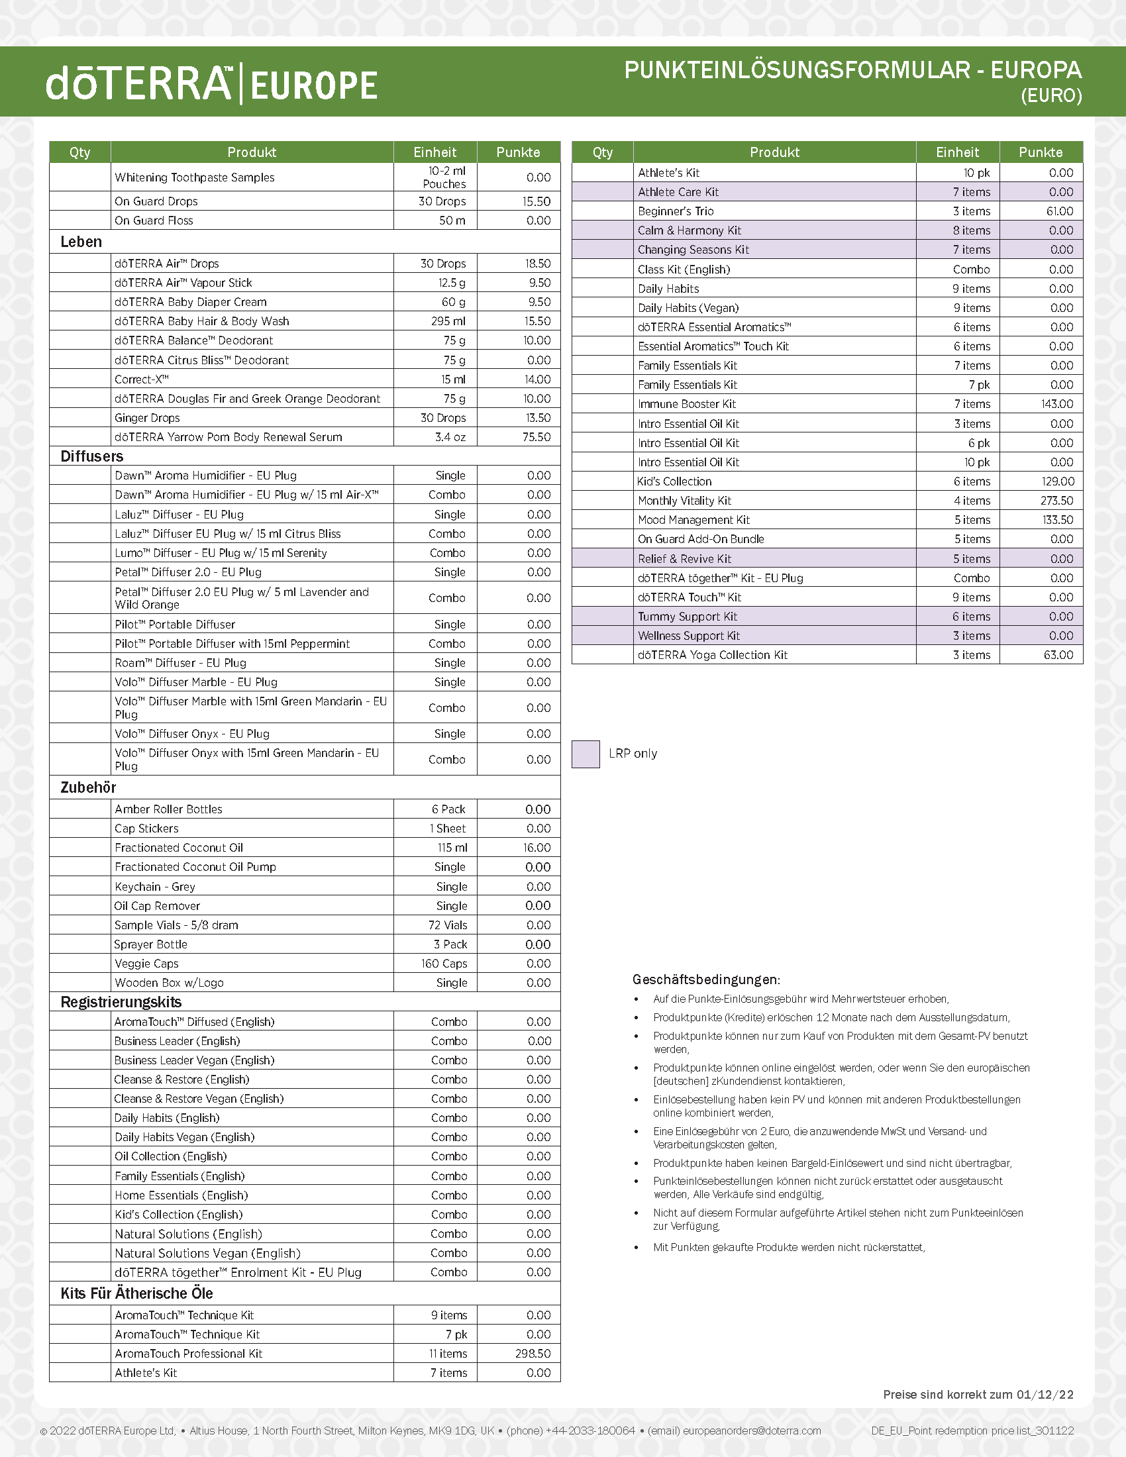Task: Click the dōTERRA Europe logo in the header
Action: pyautogui.click(x=211, y=84)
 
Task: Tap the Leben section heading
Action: pyautogui.click(x=81, y=242)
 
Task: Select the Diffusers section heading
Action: pyautogui.click(x=92, y=456)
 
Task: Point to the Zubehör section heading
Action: pyautogui.click(x=88, y=787)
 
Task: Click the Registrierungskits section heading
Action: pyautogui.click(x=121, y=1002)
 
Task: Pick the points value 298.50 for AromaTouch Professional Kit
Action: pyautogui.click(x=533, y=1354)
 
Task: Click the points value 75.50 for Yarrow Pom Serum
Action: pyautogui.click(x=536, y=437)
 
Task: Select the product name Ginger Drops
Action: pyautogui.click(x=148, y=418)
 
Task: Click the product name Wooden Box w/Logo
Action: pyautogui.click(x=170, y=983)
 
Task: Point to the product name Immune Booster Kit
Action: pyautogui.click(x=686, y=403)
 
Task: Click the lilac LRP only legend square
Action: pyautogui.click(x=586, y=754)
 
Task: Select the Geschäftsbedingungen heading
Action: pyautogui.click(x=706, y=980)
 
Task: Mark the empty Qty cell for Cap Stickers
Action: pyautogui.click(x=80, y=829)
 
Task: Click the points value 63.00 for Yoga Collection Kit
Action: pyautogui.click(x=1058, y=655)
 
